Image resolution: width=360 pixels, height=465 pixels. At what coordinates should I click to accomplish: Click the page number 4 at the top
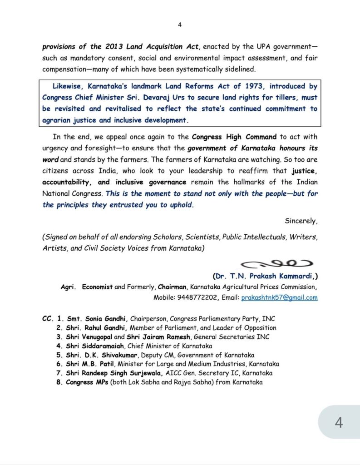click(180, 25)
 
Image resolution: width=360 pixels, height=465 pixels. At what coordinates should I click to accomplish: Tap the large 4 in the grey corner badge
click(339, 422)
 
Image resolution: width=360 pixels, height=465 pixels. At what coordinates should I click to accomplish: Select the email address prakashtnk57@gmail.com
click(280, 298)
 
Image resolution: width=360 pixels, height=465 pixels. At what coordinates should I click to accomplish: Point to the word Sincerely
click(301, 221)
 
